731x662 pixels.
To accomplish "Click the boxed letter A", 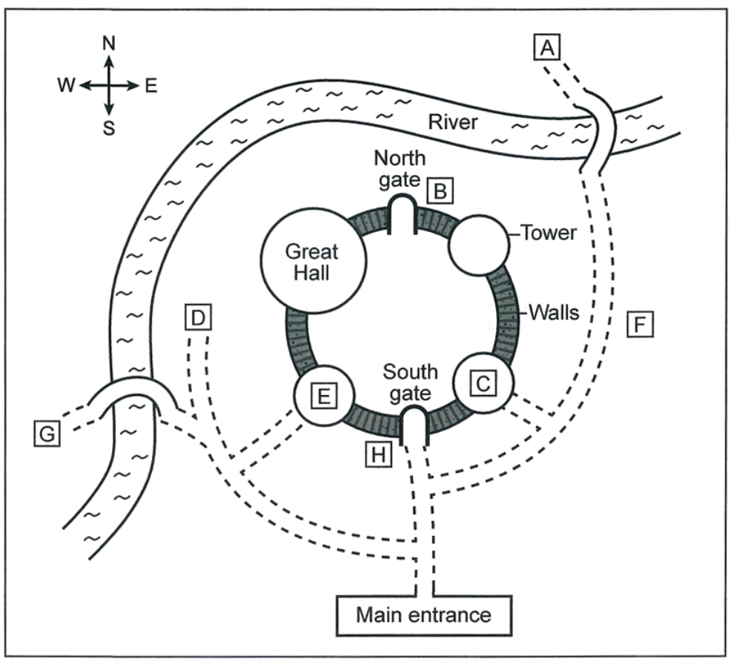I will (547, 49).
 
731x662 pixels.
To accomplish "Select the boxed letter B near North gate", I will (440, 193).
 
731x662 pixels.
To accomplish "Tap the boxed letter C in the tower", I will (483, 383).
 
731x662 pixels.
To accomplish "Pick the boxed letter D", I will (196, 318).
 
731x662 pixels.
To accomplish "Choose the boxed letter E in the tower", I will (323, 397).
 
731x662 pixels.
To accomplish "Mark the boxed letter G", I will (47, 434).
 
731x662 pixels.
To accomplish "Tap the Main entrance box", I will (423, 615).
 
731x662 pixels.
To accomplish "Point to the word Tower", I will (549, 233).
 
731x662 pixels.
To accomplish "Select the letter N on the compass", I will (109, 44).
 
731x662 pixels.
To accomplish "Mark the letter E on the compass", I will (151, 86).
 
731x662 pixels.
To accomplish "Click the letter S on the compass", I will (109, 128).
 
